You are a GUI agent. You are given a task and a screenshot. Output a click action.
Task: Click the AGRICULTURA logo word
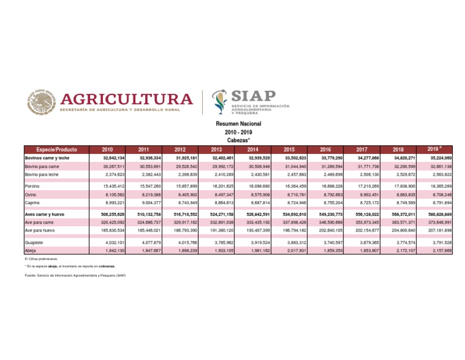click(128, 99)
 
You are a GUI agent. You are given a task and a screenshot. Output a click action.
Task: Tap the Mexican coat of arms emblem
click(39, 102)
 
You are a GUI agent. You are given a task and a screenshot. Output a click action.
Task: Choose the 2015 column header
click(289, 149)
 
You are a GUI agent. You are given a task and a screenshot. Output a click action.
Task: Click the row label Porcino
click(33, 185)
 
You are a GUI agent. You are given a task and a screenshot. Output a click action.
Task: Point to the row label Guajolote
click(35, 242)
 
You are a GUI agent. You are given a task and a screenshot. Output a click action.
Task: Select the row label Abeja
click(30, 250)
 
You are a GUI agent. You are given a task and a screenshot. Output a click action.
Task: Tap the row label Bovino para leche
click(42, 174)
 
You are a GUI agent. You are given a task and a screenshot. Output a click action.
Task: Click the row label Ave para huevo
click(41, 231)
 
